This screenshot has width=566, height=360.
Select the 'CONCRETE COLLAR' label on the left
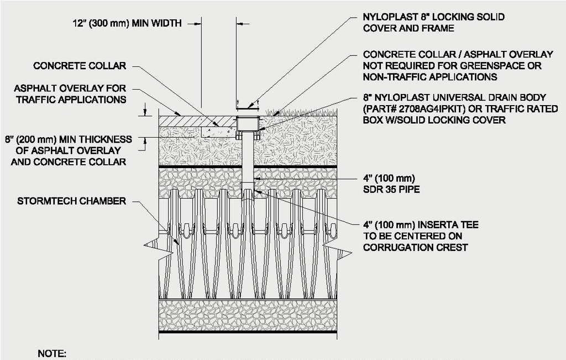point(80,66)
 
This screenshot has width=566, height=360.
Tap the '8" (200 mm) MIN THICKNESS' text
point(68,139)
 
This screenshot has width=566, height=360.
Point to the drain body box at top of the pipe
point(248,125)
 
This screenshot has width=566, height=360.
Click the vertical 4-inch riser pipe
point(248,160)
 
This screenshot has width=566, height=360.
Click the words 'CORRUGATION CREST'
point(415,247)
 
